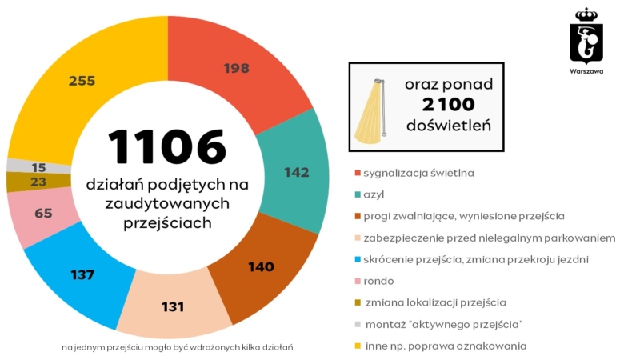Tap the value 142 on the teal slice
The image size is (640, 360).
[x=297, y=171]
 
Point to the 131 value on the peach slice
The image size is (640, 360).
[x=173, y=306]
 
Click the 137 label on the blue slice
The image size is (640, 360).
[x=82, y=274]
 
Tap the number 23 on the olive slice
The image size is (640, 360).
[x=38, y=182]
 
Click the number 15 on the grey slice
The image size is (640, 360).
[x=38, y=167]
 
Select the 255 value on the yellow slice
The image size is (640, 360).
[x=82, y=81]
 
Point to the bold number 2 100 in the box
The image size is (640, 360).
[x=448, y=105]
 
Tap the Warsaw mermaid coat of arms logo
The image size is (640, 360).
[x=586, y=37]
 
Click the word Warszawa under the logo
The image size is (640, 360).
[x=586, y=71]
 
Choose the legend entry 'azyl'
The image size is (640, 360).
[x=374, y=194]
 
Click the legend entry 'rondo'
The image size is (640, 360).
[x=378, y=281]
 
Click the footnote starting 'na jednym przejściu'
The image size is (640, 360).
[x=171, y=347]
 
